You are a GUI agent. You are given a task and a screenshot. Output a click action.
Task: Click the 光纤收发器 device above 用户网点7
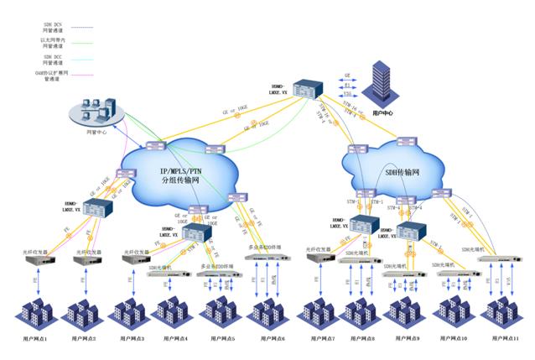point(319,258)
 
